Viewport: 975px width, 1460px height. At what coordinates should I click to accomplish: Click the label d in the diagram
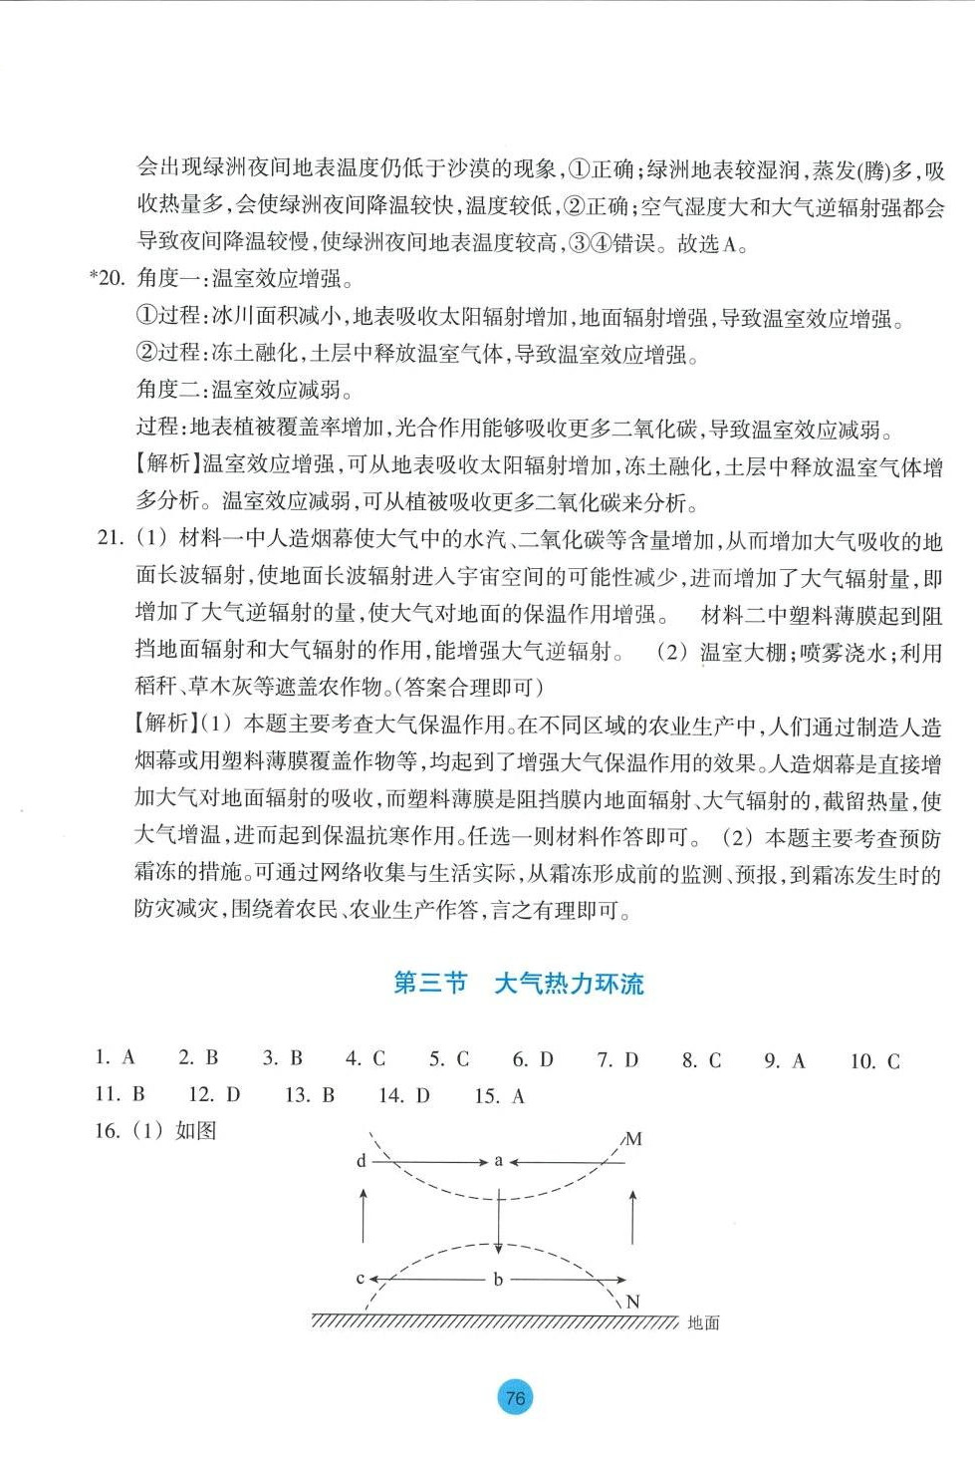(362, 1161)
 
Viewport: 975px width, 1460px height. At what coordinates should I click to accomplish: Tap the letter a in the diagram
(499, 1161)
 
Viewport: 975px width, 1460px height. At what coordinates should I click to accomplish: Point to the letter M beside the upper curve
(633, 1139)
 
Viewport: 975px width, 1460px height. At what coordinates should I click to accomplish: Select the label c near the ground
(361, 1279)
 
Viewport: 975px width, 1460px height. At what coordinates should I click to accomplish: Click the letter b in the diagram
(498, 1280)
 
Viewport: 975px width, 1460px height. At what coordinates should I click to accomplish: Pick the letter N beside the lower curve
(632, 1302)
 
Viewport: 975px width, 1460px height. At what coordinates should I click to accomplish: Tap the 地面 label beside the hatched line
(703, 1323)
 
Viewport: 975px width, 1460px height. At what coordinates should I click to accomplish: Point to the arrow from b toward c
(428, 1280)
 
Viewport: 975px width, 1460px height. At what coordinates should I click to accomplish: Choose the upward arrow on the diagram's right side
(633, 1216)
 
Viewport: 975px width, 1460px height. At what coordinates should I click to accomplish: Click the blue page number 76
(515, 1397)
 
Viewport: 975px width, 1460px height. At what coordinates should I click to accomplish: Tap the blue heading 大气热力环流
(569, 984)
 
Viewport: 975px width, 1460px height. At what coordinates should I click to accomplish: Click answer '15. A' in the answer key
(499, 1096)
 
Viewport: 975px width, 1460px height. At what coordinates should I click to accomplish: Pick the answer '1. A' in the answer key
(115, 1057)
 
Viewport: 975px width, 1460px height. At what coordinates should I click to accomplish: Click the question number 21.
(110, 538)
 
